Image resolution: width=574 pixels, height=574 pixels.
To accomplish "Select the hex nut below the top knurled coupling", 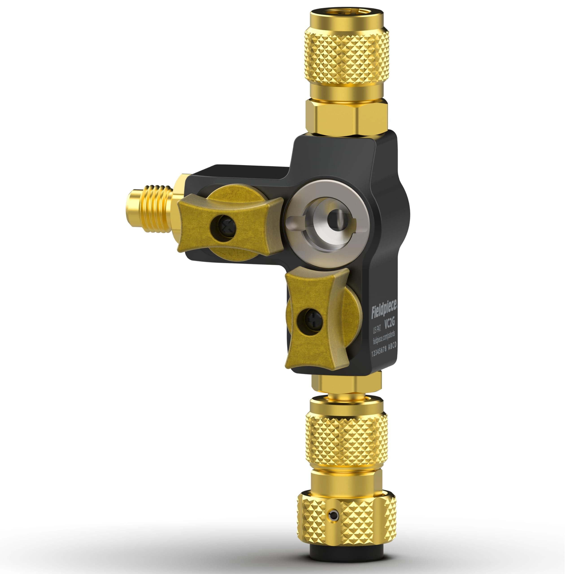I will click(x=346, y=117).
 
